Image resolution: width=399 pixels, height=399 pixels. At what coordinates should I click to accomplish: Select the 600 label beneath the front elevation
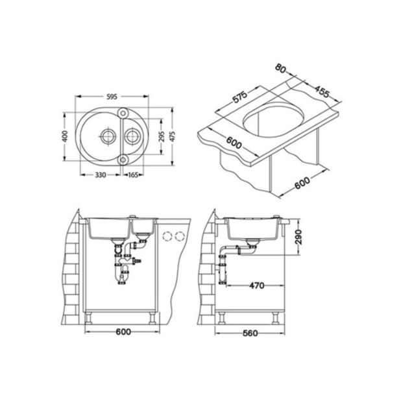click(x=119, y=333)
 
